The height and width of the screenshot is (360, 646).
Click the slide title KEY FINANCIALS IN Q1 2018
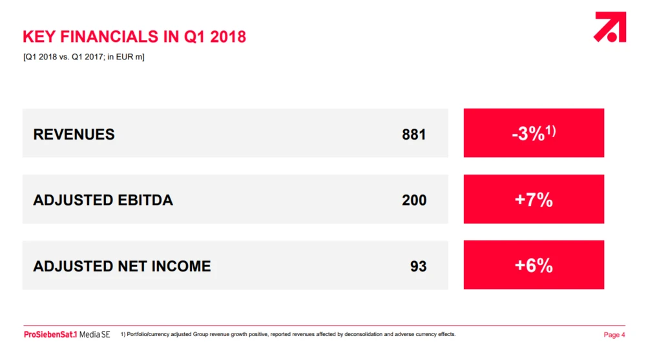coord(134,37)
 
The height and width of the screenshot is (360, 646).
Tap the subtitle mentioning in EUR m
coord(83,57)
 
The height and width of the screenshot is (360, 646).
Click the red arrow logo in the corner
coord(610,26)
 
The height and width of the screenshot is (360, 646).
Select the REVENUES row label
coord(74,134)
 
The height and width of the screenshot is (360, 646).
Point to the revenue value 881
coord(413,134)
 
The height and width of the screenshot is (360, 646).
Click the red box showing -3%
coord(534,132)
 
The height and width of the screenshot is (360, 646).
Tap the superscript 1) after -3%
coord(550,131)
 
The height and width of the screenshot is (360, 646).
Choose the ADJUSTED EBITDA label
coord(103,200)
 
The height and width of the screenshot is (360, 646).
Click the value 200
coord(414,200)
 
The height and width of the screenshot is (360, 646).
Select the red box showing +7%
coord(534,199)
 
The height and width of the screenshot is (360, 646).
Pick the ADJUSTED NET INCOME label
coord(122,266)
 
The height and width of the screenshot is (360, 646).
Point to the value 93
coord(418,266)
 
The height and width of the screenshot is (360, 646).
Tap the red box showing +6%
coord(534,265)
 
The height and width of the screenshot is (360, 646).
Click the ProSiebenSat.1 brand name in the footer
coord(50,334)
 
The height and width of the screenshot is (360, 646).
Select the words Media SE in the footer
coord(95,334)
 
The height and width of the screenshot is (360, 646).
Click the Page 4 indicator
coord(614,335)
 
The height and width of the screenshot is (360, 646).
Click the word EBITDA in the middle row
coord(145,200)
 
